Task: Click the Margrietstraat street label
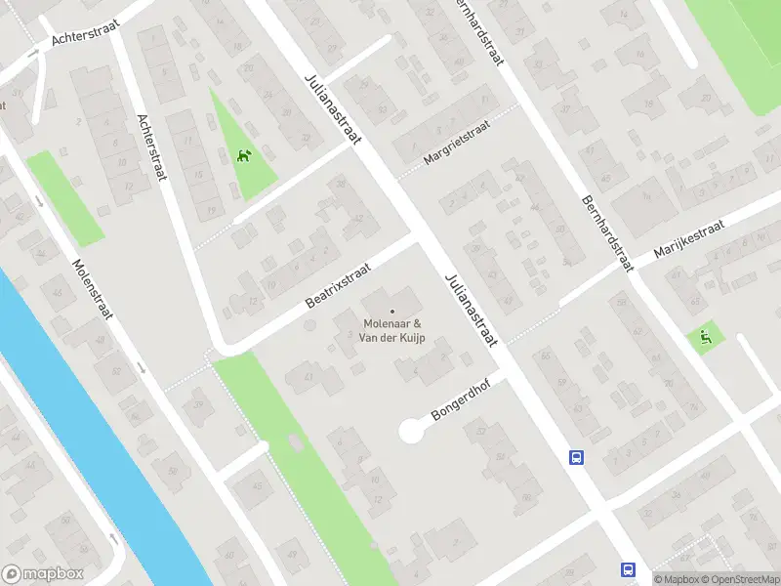[x=455, y=144]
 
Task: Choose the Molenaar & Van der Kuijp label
[x=392, y=331]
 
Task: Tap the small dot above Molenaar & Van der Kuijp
[x=392, y=312]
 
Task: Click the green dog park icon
[x=243, y=155]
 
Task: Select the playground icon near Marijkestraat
[x=706, y=338]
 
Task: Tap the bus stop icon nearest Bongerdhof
[x=577, y=457]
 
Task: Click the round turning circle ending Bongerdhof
[x=412, y=430]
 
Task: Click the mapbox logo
[x=43, y=574]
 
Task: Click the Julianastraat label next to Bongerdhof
[x=471, y=307]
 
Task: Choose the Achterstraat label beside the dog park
[x=152, y=146]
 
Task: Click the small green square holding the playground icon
[x=705, y=339]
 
